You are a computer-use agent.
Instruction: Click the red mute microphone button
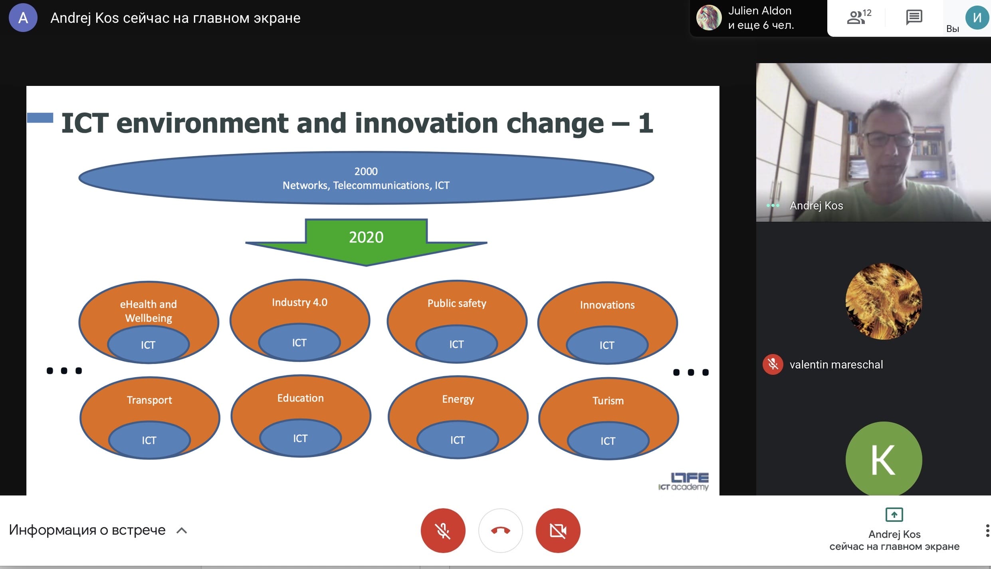tap(443, 530)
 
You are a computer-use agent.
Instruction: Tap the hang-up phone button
tap(500, 530)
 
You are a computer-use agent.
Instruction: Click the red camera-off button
tap(558, 530)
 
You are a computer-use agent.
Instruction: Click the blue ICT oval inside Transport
tap(149, 440)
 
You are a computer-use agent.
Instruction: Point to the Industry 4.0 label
tap(299, 302)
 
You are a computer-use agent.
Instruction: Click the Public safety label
tap(457, 303)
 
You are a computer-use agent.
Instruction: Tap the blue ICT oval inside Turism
tap(608, 441)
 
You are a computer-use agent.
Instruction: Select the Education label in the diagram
tap(300, 398)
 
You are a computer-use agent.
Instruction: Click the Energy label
tap(458, 399)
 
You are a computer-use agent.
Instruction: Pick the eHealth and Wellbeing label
tap(149, 311)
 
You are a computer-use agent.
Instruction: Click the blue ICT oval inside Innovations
tap(607, 345)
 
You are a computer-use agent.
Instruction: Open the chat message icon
tap(914, 18)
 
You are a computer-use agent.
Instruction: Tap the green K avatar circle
tap(884, 459)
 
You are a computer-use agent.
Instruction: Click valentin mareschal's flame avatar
tap(884, 301)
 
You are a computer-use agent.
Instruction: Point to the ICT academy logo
tap(684, 481)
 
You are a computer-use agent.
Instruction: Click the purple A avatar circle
tap(23, 18)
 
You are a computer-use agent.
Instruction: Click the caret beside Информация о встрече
tap(182, 530)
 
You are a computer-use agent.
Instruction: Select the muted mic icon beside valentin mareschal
tap(773, 364)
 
